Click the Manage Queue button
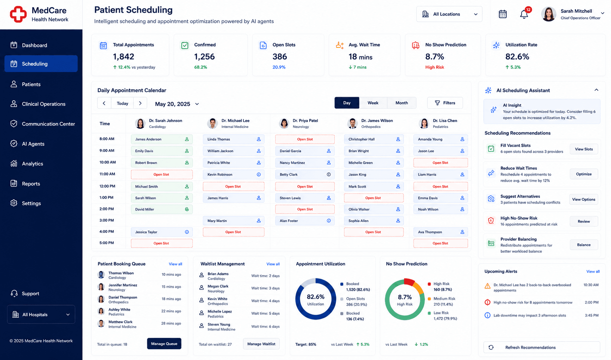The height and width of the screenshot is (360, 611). tap(164, 344)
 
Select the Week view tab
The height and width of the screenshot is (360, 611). tap(373, 103)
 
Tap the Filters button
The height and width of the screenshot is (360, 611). tap(445, 103)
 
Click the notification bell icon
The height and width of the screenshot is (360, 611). tap(524, 14)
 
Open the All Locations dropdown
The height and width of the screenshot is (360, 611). tap(449, 14)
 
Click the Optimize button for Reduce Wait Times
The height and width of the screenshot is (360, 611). tap(584, 174)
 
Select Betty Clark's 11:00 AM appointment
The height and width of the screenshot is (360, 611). tap(305, 175)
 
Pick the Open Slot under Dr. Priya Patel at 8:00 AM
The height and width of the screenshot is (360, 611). tap(305, 139)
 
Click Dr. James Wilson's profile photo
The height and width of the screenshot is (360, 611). tap(352, 123)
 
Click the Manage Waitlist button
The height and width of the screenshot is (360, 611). tap(261, 344)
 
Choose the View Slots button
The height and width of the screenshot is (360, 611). tap(584, 149)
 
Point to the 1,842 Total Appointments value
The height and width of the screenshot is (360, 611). tap(123, 56)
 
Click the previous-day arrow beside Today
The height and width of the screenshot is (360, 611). tap(104, 103)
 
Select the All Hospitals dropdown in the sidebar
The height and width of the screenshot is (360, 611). tap(41, 314)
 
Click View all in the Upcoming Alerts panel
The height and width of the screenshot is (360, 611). tap(593, 271)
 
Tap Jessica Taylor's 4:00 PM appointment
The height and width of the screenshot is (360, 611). tap(162, 232)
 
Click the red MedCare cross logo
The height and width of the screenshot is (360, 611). tap(18, 14)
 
